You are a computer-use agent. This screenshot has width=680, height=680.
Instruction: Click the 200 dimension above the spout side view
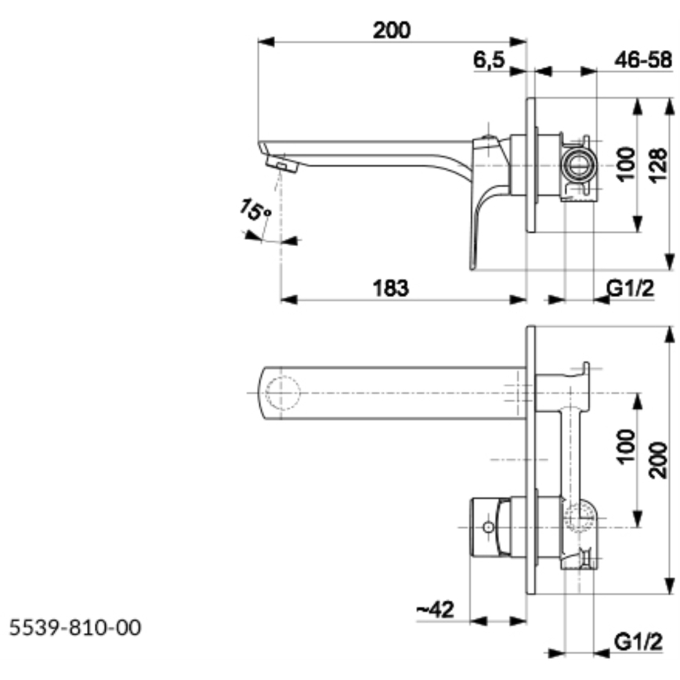pyautogui.click(x=391, y=30)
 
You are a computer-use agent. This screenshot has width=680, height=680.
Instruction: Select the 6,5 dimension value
pyautogui.click(x=490, y=60)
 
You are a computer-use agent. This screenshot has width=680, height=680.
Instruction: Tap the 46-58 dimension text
pyautogui.click(x=642, y=60)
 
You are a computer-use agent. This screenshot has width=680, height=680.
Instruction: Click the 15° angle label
pyautogui.click(x=255, y=212)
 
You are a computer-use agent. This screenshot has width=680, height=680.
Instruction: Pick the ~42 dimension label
pyautogui.click(x=435, y=609)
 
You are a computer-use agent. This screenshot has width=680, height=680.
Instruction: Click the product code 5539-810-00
pyautogui.click(x=76, y=627)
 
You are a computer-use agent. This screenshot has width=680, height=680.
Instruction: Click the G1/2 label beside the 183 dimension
pyautogui.click(x=631, y=288)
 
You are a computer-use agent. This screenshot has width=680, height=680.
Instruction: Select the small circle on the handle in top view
pyautogui.click(x=488, y=527)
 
